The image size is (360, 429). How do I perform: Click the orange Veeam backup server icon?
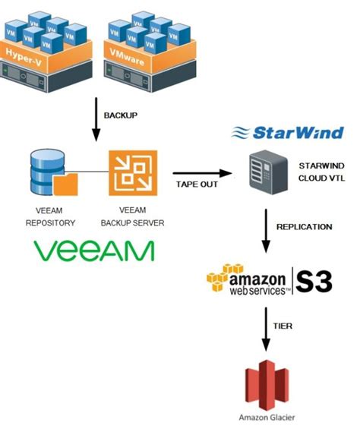(x=131, y=172)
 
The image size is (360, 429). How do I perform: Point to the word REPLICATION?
(x=304, y=227)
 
